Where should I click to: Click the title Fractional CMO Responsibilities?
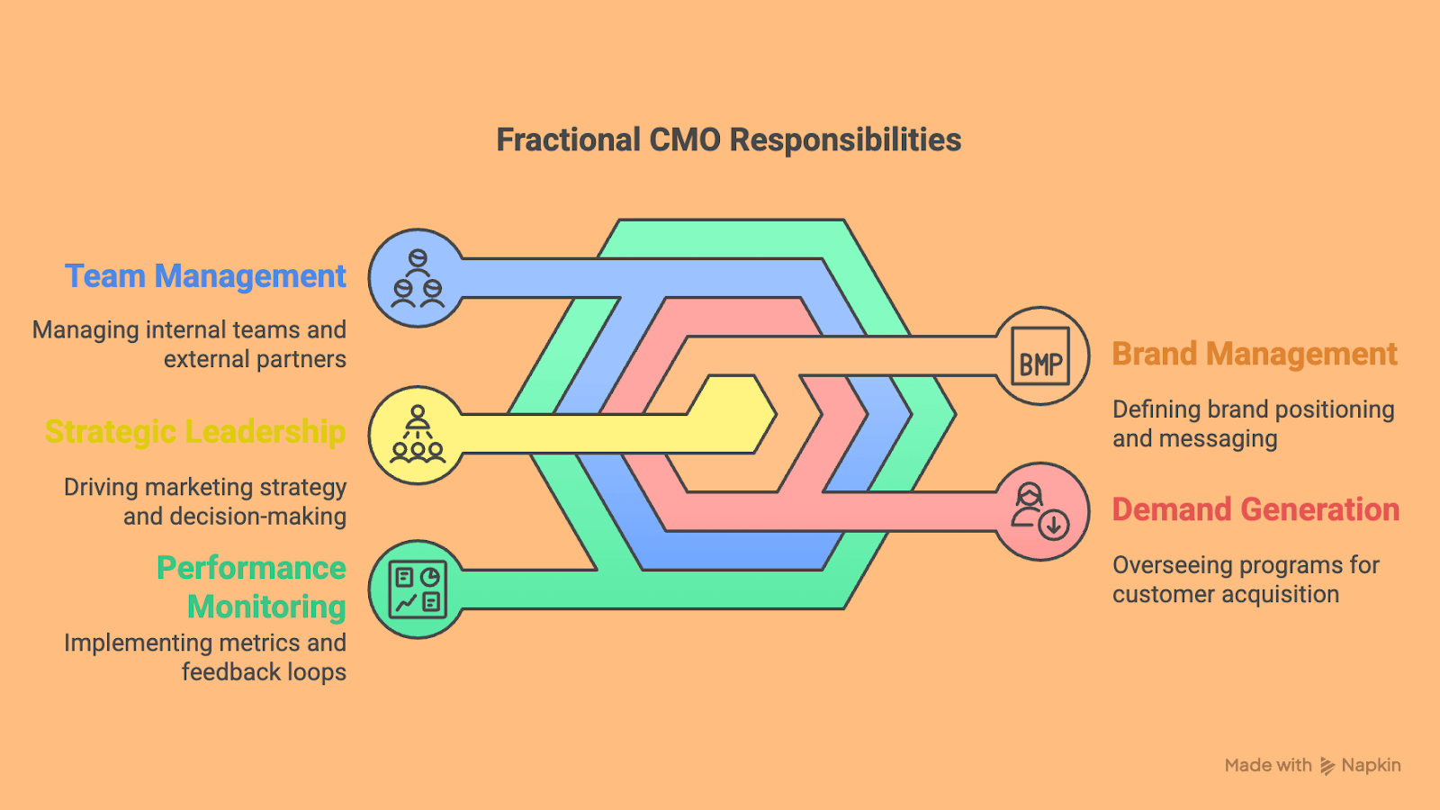(728, 140)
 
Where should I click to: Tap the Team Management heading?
(206, 276)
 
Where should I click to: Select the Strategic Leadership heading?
(195, 432)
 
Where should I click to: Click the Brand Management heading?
(1255, 355)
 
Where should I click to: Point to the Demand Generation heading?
(1256, 509)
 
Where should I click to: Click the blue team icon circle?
(418, 278)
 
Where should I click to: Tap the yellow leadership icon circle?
(418, 436)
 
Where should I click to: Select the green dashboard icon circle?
(418, 589)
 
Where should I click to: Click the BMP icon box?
(1040, 356)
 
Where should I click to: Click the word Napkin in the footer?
(1372, 766)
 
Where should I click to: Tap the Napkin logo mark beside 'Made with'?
(1327, 766)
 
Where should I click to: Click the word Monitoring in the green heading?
(266, 607)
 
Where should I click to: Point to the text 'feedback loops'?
(265, 672)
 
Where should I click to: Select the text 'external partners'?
(256, 359)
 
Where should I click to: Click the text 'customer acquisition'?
(1226, 595)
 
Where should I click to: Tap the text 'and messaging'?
(1195, 439)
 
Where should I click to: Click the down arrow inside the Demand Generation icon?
(1054, 526)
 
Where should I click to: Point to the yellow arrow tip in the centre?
(776, 415)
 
